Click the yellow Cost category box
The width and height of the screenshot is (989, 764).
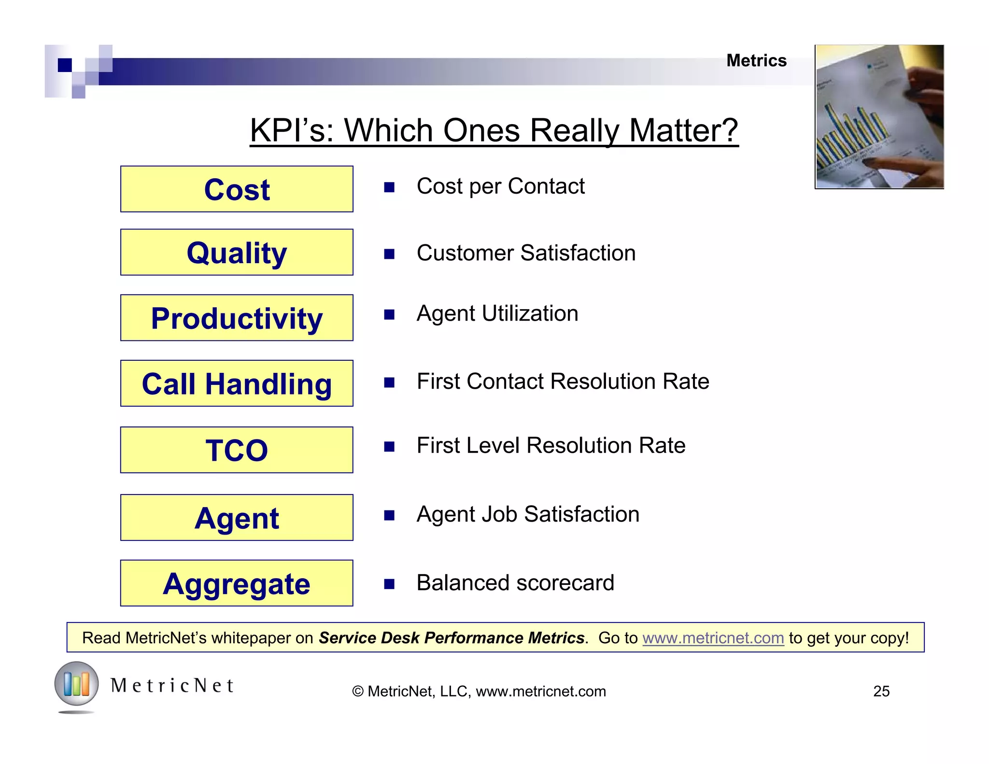click(237, 189)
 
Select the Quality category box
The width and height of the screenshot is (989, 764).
click(237, 252)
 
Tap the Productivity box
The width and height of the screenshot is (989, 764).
click(237, 318)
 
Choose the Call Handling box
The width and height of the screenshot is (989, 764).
click(237, 383)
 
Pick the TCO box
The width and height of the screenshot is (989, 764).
click(237, 450)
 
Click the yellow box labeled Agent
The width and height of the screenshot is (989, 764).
click(237, 517)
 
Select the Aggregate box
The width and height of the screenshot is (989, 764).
click(237, 583)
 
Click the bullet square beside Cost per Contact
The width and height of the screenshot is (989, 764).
click(389, 187)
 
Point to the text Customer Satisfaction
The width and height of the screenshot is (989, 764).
click(525, 253)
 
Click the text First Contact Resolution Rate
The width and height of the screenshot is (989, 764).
click(563, 382)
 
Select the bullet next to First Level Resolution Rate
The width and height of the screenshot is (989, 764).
click(389, 447)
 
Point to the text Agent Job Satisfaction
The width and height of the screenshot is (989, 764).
click(527, 514)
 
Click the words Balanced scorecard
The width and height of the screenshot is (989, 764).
click(515, 583)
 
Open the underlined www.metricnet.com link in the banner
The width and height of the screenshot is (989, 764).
click(713, 638)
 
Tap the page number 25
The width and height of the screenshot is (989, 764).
click(881, 691)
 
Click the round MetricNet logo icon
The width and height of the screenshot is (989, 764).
click(76, 684)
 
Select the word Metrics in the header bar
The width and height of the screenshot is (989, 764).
click(756, 61)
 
